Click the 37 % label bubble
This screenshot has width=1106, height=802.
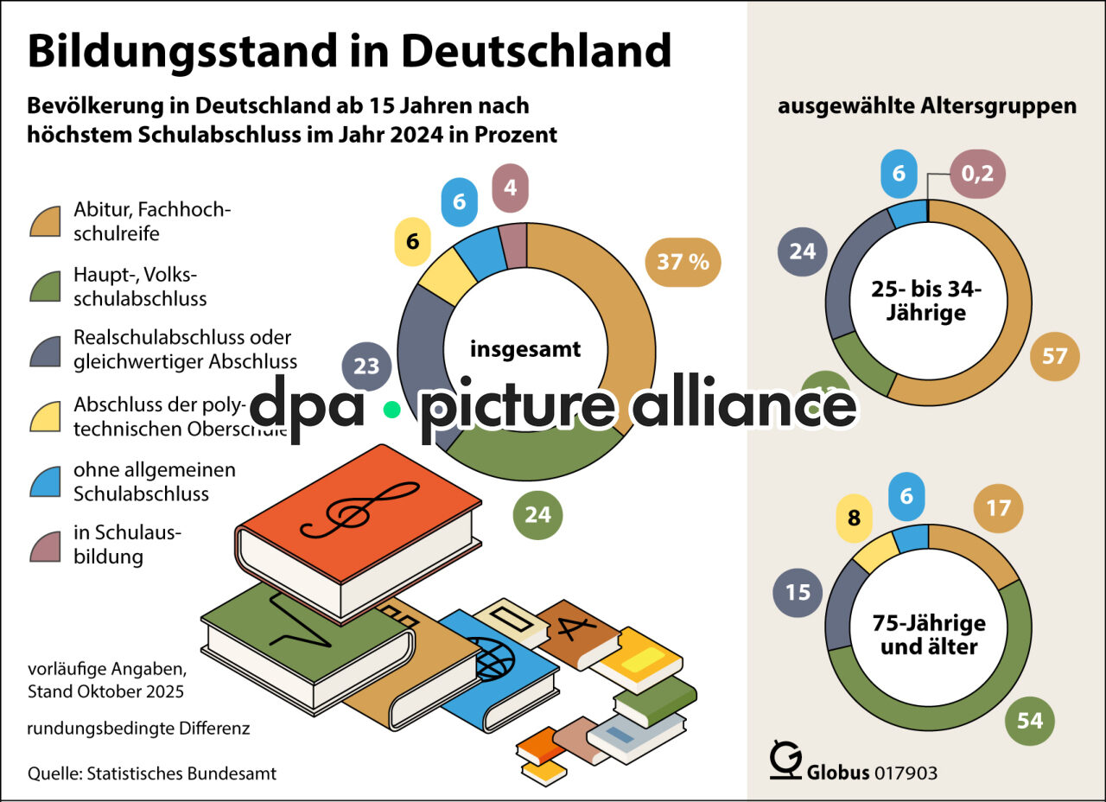click(683, 261)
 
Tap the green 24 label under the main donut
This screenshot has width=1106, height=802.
click(537, 515)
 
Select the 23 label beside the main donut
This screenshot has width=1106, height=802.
click(366, 366)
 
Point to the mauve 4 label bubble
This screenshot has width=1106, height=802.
click(510, 188)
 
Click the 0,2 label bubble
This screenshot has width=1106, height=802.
click(978, 174)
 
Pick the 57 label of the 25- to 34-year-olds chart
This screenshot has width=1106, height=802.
click(1055, 356)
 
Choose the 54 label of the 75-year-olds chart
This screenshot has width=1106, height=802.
click(1030, 720)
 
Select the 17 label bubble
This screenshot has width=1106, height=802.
click(998, 507)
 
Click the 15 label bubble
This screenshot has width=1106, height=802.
click(798, 592)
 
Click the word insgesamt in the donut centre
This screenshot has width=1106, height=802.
click(525, 349)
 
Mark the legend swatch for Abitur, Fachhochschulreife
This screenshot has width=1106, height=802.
click(44, 221)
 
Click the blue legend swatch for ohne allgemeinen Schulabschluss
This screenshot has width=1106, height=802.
click(44, 482)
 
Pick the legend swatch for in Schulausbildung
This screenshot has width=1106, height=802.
click(44, 545)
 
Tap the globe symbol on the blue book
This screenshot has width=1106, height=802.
click(490, 659)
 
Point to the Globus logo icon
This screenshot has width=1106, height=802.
click(785, 760)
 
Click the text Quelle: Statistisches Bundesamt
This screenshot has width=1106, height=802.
click(152, 773)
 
